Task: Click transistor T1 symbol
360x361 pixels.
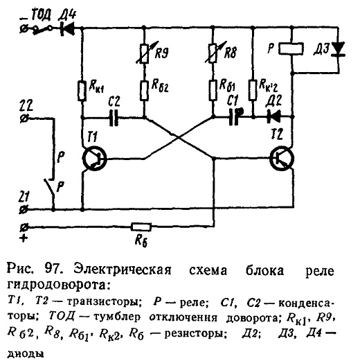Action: pyautogui.click(x=95, y=159)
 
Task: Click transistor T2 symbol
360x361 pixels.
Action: pyautogui.click(x=282, y=159)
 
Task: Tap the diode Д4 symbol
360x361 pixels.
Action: pyautogui.click(x=67, y=28)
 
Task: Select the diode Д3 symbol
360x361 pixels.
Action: pyautogui.click(x=339, y=49)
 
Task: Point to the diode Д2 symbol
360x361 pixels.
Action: pyautogui.click(x=273, y=116)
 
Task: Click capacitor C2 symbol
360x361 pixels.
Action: pyautogui.click(x=114, y=118)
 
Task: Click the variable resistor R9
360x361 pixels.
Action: pyautogui.click(x=145, y=54)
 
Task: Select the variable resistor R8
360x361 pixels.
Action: pyautogui.click(x=213, y=53)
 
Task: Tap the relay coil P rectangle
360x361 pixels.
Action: pyautogui.click(x=291, y=49)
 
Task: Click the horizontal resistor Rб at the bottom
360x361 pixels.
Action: pyautogui.click(x=141, y=227)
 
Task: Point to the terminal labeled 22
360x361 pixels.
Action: pyautogui.click(x=24, y=118)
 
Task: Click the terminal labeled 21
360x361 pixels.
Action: pyautogui.click(x=24, y=210)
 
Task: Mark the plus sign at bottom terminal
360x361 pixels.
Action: pyautogui.click(x=24, y=238)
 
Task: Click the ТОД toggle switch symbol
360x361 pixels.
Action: pyautogui.click(x=43, y=30)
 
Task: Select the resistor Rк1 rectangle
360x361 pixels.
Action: pyautogui.click(x=82, y=91)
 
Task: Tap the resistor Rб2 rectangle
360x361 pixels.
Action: pyautogui.click(x=144, y=91)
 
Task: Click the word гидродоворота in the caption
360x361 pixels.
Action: pyautogui.click(x=57, y=285)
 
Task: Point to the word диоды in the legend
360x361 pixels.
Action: pyautogui.click(x=26, y=353)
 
